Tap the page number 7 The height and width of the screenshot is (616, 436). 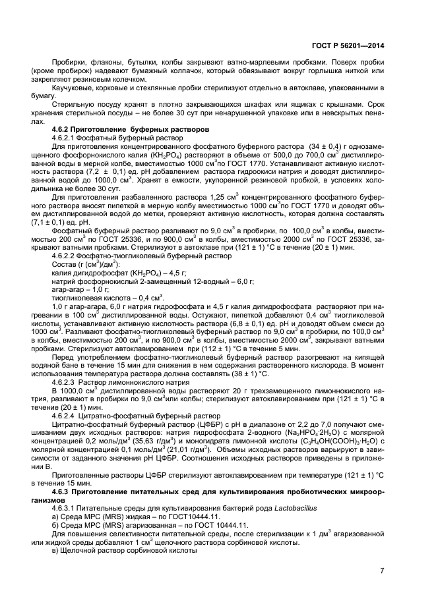[381, 571]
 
